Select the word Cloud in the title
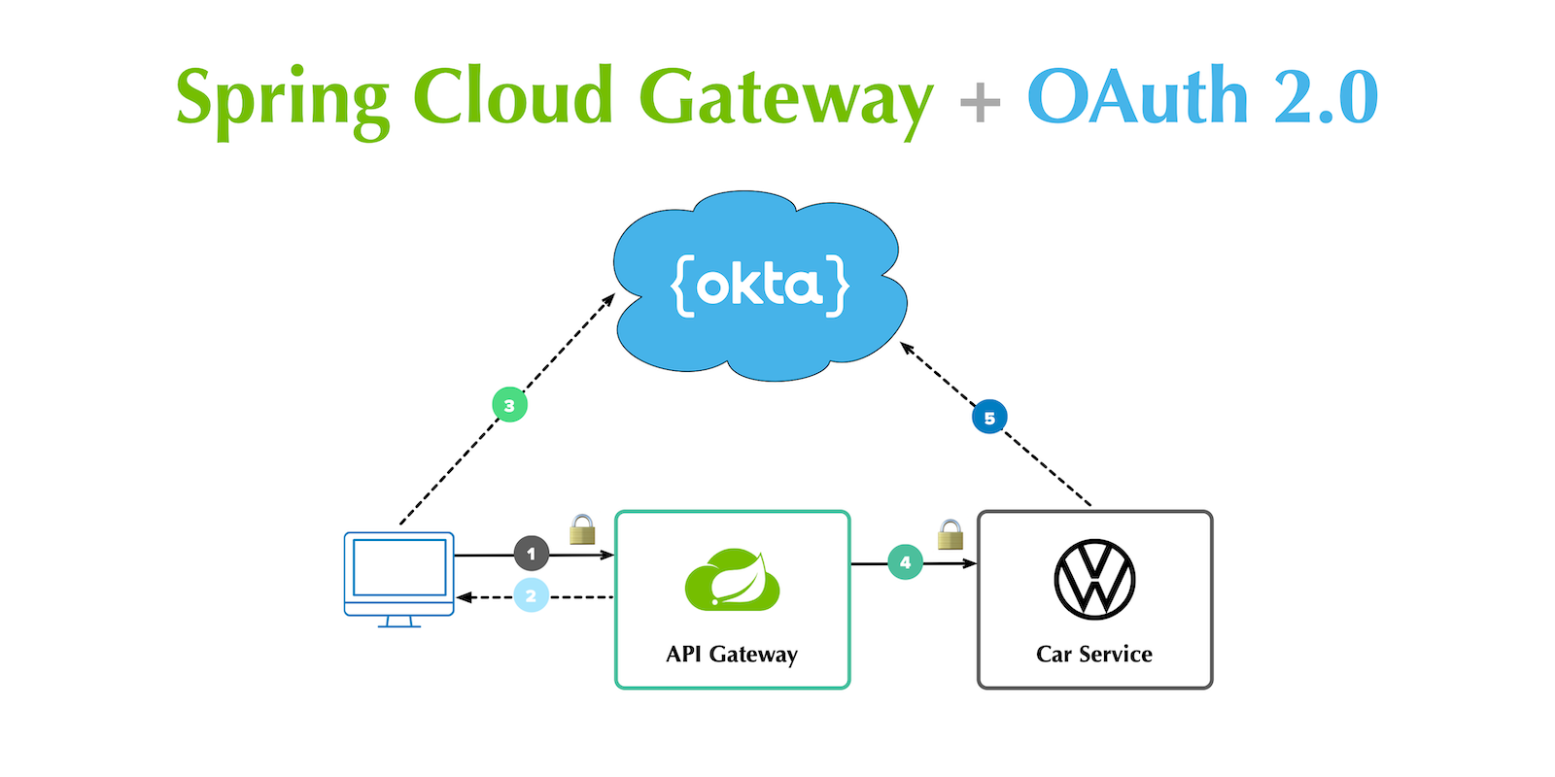pos(512,96)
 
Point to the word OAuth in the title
pos(1137,96)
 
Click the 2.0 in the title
pos(1326,97)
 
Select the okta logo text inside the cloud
pos(760,286)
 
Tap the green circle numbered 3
pos(509,405)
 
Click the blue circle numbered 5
pos(989,418)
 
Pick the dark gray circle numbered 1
pos(531,554)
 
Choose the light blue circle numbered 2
pos(531,595)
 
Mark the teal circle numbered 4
pos(905,562)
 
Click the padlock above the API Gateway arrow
pos(582,529)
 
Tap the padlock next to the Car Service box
pos(950,535)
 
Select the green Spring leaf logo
pos(732,581)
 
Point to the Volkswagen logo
pos(1094,580)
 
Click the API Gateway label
pos(732,655)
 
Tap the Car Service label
pos(1094,655)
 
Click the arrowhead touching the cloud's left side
pos(609,298)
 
